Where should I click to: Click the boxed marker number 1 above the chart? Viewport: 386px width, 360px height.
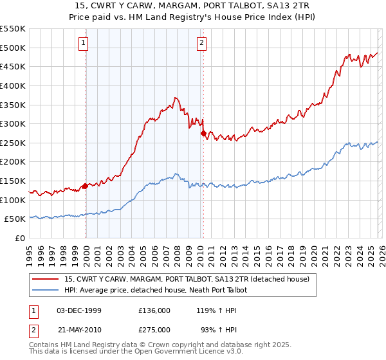tap(84, 43)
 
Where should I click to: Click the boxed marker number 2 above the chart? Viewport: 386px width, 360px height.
tap(201, 43)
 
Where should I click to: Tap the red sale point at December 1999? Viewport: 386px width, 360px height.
tap(85, 186)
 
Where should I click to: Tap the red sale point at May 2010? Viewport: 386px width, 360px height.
tap(203, 133)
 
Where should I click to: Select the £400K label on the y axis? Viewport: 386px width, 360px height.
tap(13, 85)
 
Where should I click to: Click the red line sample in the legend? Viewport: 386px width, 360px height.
tap(46, 279)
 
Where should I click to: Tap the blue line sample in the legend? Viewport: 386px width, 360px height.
tap(46, 290)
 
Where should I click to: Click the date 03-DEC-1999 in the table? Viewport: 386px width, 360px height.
tap(79, 310)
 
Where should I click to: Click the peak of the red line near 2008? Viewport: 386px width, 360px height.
tap(174, 98)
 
